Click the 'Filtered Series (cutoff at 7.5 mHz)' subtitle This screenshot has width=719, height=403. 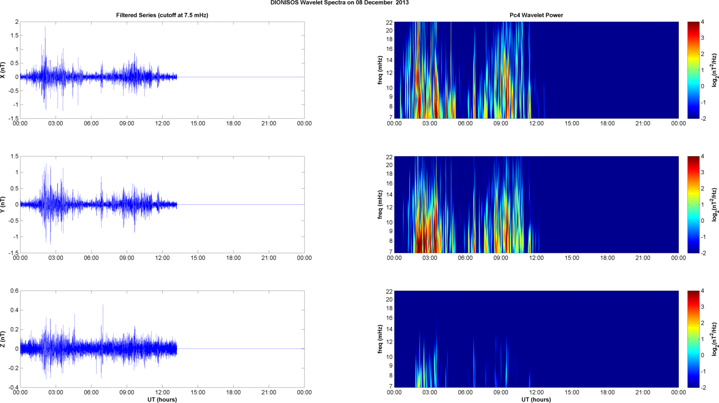click(162, 15)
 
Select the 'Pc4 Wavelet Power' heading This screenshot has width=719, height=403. click(536, 15)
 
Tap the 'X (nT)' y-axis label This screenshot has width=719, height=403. click(3, 70)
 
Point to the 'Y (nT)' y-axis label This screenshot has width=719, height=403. click(3, 205)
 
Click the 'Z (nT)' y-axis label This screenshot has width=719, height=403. click(3, 339)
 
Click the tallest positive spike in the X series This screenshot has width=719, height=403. click(45, 27)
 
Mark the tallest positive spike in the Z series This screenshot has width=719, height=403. click(103, 305)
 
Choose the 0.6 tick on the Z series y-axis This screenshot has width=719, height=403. click(14, 291)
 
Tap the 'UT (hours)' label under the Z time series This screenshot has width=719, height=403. click(162, 400)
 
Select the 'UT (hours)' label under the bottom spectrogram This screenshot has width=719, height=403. click(536, 400)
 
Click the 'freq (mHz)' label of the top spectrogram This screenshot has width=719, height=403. click(380, 70)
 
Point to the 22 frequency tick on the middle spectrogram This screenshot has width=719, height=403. click(389, 157)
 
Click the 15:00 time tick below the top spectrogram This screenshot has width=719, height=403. click(572, 124)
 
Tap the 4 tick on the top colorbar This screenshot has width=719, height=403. click(702, 22)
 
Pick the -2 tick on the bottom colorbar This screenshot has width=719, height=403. click(703, 387)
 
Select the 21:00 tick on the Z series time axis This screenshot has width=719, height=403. click(269, 393)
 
